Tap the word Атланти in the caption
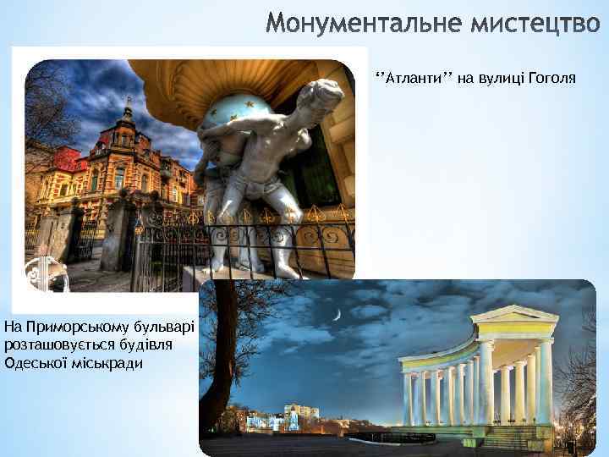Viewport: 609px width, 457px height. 410,79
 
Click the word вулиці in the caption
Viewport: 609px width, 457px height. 500,79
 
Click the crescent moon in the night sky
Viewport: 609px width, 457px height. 336,315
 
